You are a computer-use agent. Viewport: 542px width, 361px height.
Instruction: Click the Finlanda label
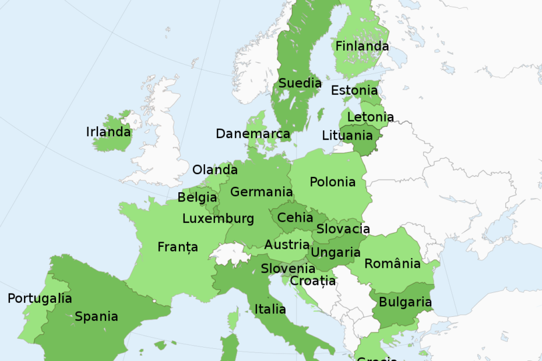(x=362, y=46)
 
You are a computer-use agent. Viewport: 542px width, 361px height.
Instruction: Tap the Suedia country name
(x=300, y=83)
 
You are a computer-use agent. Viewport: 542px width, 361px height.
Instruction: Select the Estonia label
(x=354, y=91)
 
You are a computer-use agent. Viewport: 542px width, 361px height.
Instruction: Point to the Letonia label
(x=370, y=117)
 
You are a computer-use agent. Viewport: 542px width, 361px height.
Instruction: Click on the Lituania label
(x=347, y=136)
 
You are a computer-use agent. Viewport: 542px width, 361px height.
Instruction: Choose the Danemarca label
(x=252, y=134)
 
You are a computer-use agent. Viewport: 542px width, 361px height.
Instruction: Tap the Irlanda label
(x=108, y=132)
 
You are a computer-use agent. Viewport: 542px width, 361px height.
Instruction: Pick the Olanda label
(x=214, y=170)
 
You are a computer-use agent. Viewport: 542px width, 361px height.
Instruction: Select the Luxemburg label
(x=218, y=219)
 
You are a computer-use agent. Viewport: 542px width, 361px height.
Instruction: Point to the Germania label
(x=261, y=192)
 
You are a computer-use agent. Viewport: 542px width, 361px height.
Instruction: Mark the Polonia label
(x=332, y=182)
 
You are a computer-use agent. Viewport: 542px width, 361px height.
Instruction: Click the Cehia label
(x=295, y=218)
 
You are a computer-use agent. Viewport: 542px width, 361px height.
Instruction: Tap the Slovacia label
(x=343, y=229)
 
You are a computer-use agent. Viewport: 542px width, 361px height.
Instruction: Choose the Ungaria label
(x=336, y=253)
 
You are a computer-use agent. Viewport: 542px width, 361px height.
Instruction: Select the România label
(x=392, y=264)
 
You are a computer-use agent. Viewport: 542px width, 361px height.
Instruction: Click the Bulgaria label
(x=405, y=302)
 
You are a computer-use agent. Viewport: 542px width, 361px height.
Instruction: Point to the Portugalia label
(x=40, y=299)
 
